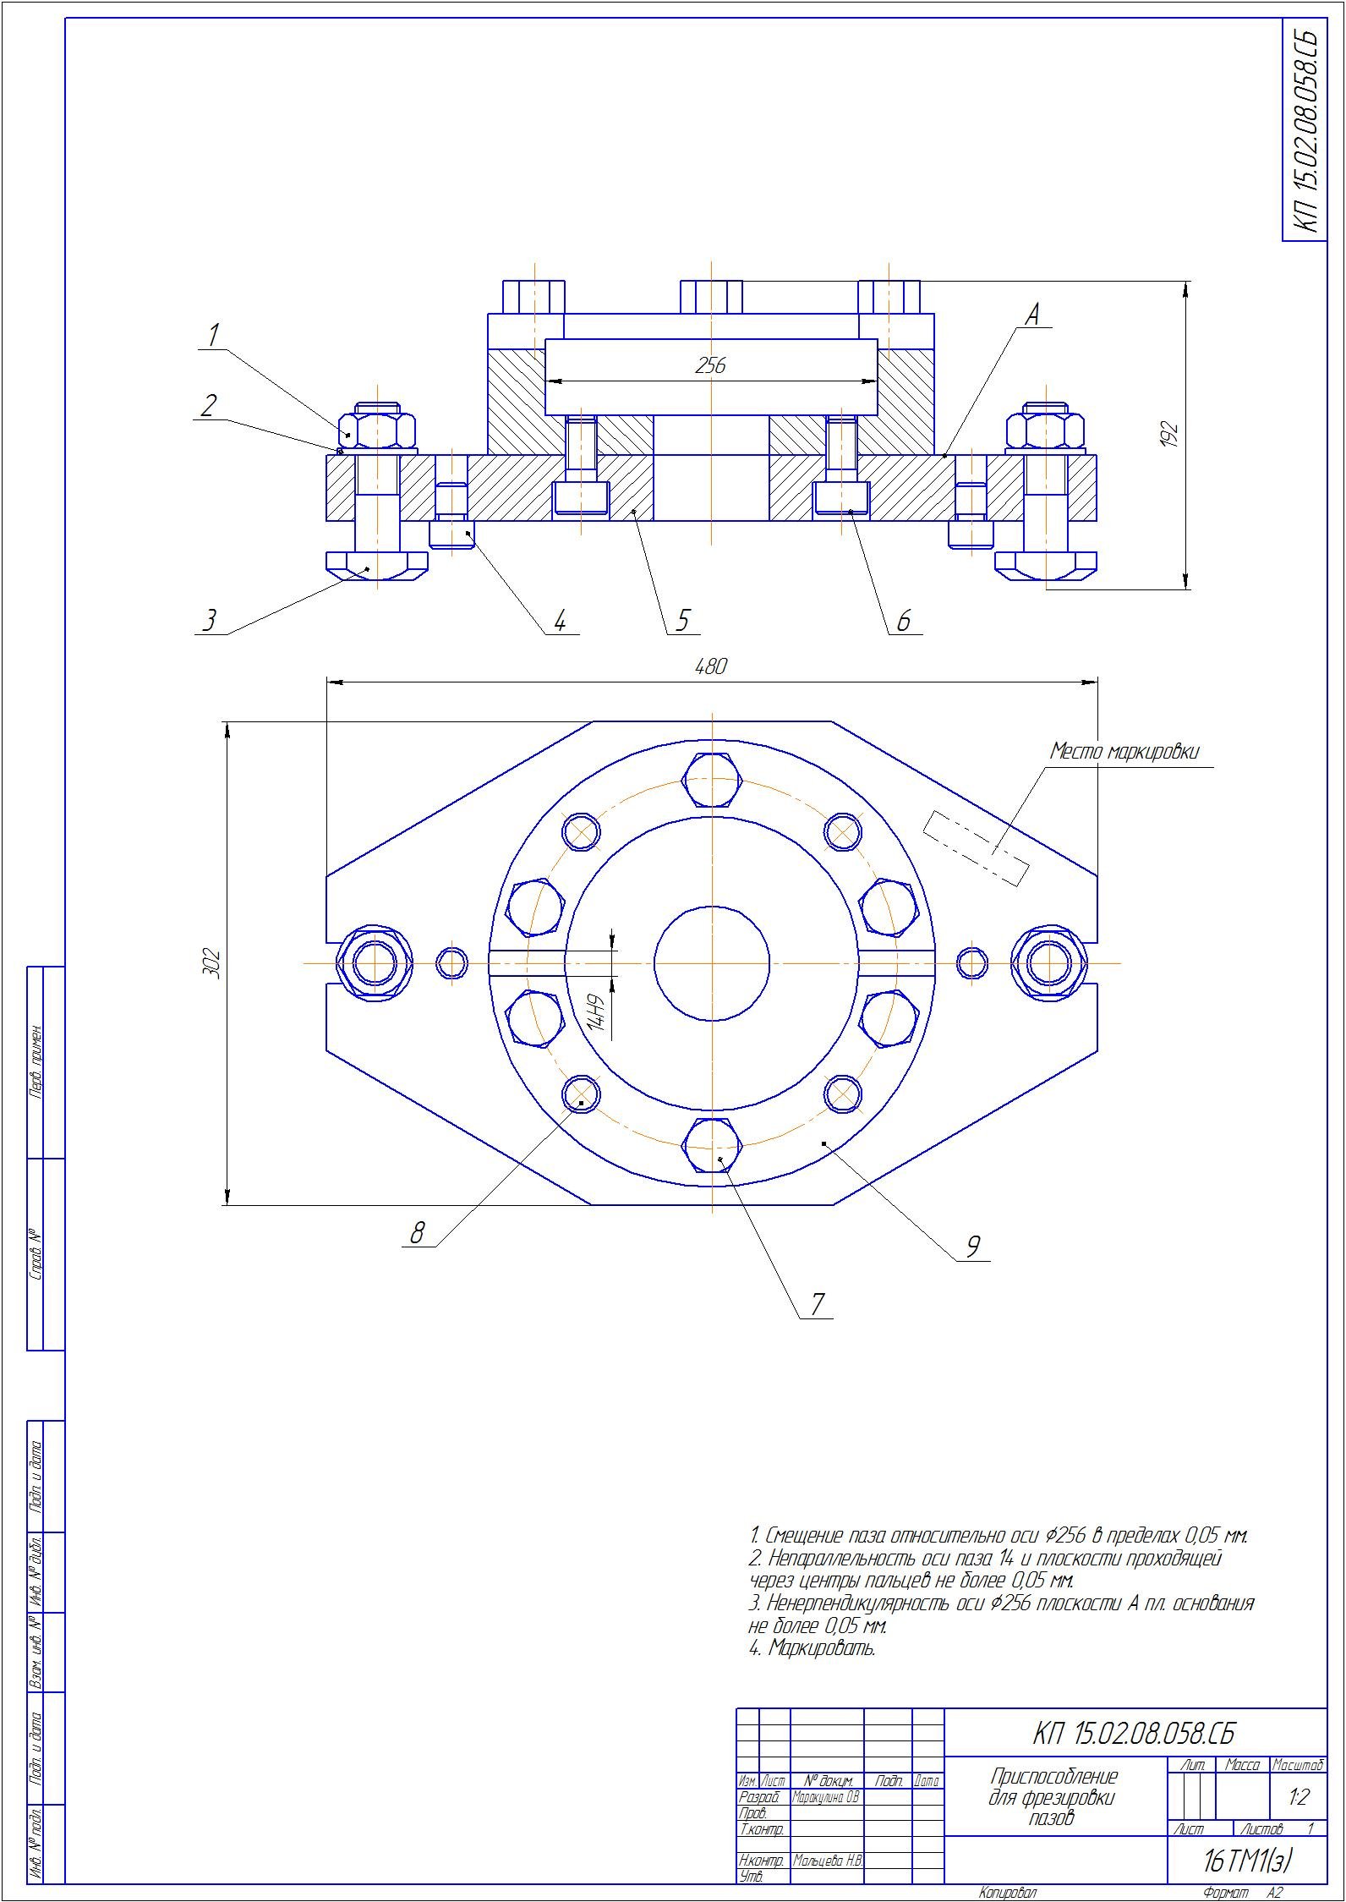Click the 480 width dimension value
(710, 667)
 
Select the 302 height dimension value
(212, 963)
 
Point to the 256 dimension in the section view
(710, 365)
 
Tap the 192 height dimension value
(1171, 435)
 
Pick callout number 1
(214, 335)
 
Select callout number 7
(817, 1303)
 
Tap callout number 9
(973, 1245)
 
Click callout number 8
(417, 1234)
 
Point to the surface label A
(1031, 315)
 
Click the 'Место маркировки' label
(1124, 751)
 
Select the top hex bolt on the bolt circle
(713, 781)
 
